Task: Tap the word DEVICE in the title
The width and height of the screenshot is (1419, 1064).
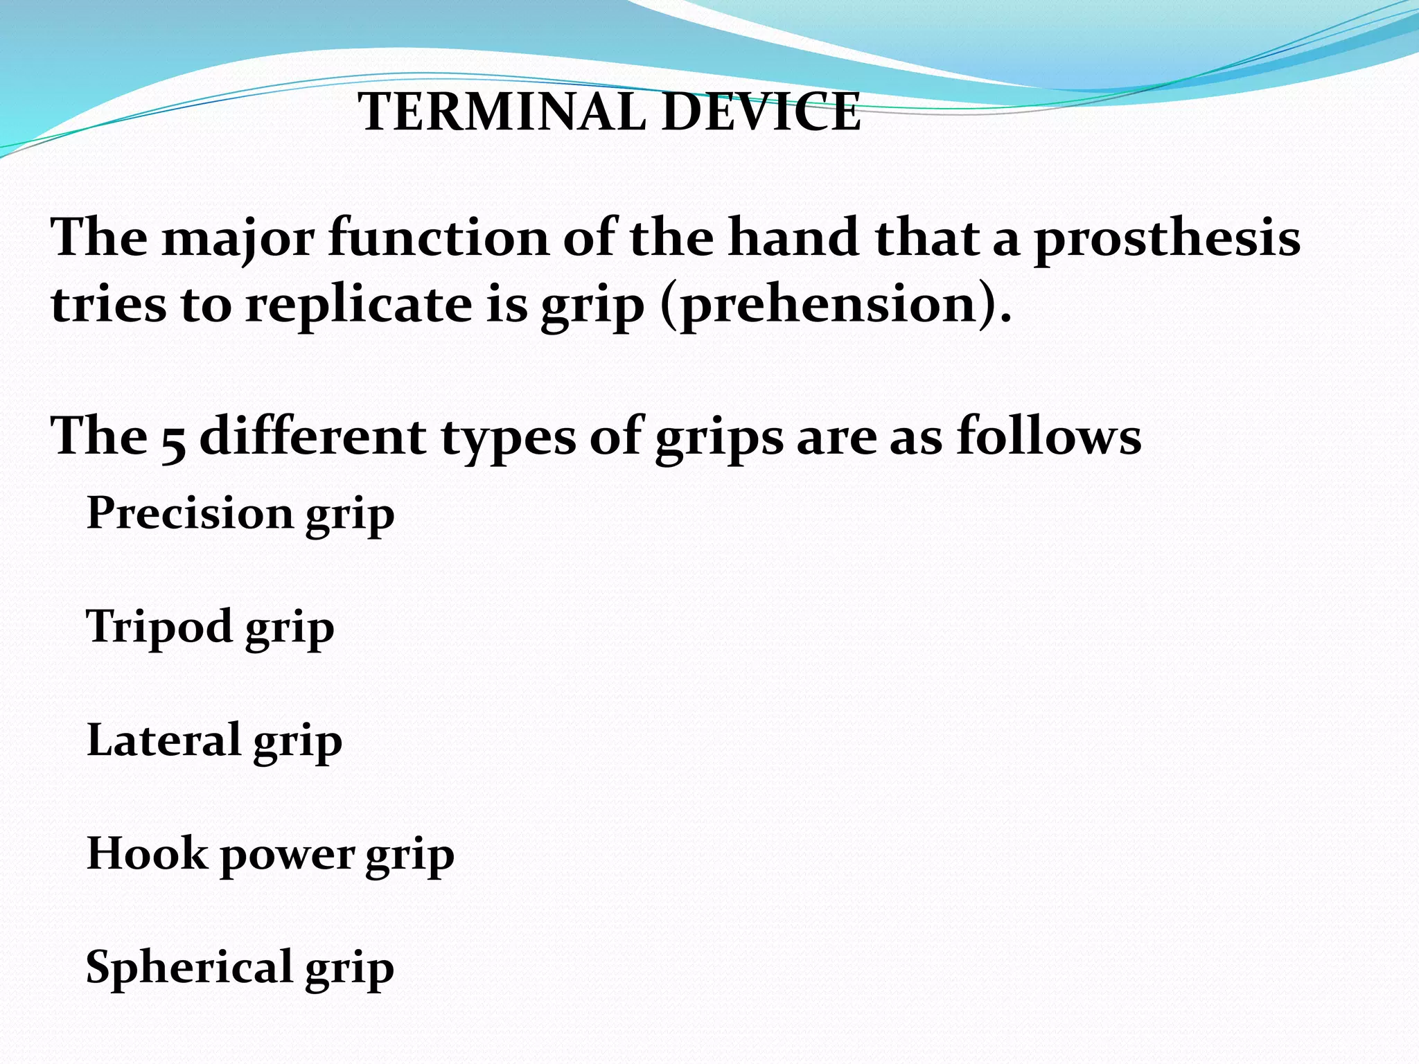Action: [x=761, y=112]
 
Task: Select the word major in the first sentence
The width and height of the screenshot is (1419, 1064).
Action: [x=238, y=239]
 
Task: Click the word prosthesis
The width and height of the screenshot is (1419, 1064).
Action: [x=1167, y=239]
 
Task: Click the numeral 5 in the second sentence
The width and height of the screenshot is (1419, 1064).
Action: [x=173, y=441]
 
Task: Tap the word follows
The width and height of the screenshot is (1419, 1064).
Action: [x=1049, y=436]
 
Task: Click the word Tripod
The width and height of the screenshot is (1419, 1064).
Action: [x=159, y=627]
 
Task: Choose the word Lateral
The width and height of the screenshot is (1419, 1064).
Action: [x=164, y=740]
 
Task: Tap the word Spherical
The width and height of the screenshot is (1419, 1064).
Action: [x=189, y=967]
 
